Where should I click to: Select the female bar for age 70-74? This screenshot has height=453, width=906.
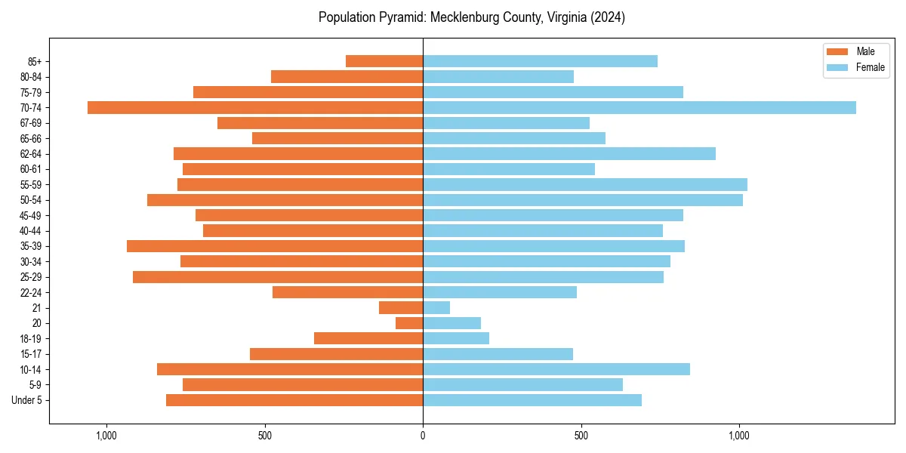639,107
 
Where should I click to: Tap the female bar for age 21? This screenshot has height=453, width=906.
436,307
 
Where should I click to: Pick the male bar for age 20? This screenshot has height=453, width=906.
409,323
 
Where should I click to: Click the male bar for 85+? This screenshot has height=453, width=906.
384,61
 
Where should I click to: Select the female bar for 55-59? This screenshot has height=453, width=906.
584,184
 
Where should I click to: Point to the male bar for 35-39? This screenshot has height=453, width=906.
275,246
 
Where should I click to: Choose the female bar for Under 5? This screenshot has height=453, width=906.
532,400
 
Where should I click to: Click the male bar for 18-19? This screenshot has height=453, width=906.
368,338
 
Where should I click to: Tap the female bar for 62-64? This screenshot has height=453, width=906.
569,153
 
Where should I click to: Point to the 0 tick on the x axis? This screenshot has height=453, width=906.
423,436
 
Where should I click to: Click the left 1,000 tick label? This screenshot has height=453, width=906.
106,436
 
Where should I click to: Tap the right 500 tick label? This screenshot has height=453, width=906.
581,436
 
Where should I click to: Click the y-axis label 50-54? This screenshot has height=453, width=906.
31,200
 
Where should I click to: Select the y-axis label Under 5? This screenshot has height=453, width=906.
26,400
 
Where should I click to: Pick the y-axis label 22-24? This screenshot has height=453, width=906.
31,292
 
